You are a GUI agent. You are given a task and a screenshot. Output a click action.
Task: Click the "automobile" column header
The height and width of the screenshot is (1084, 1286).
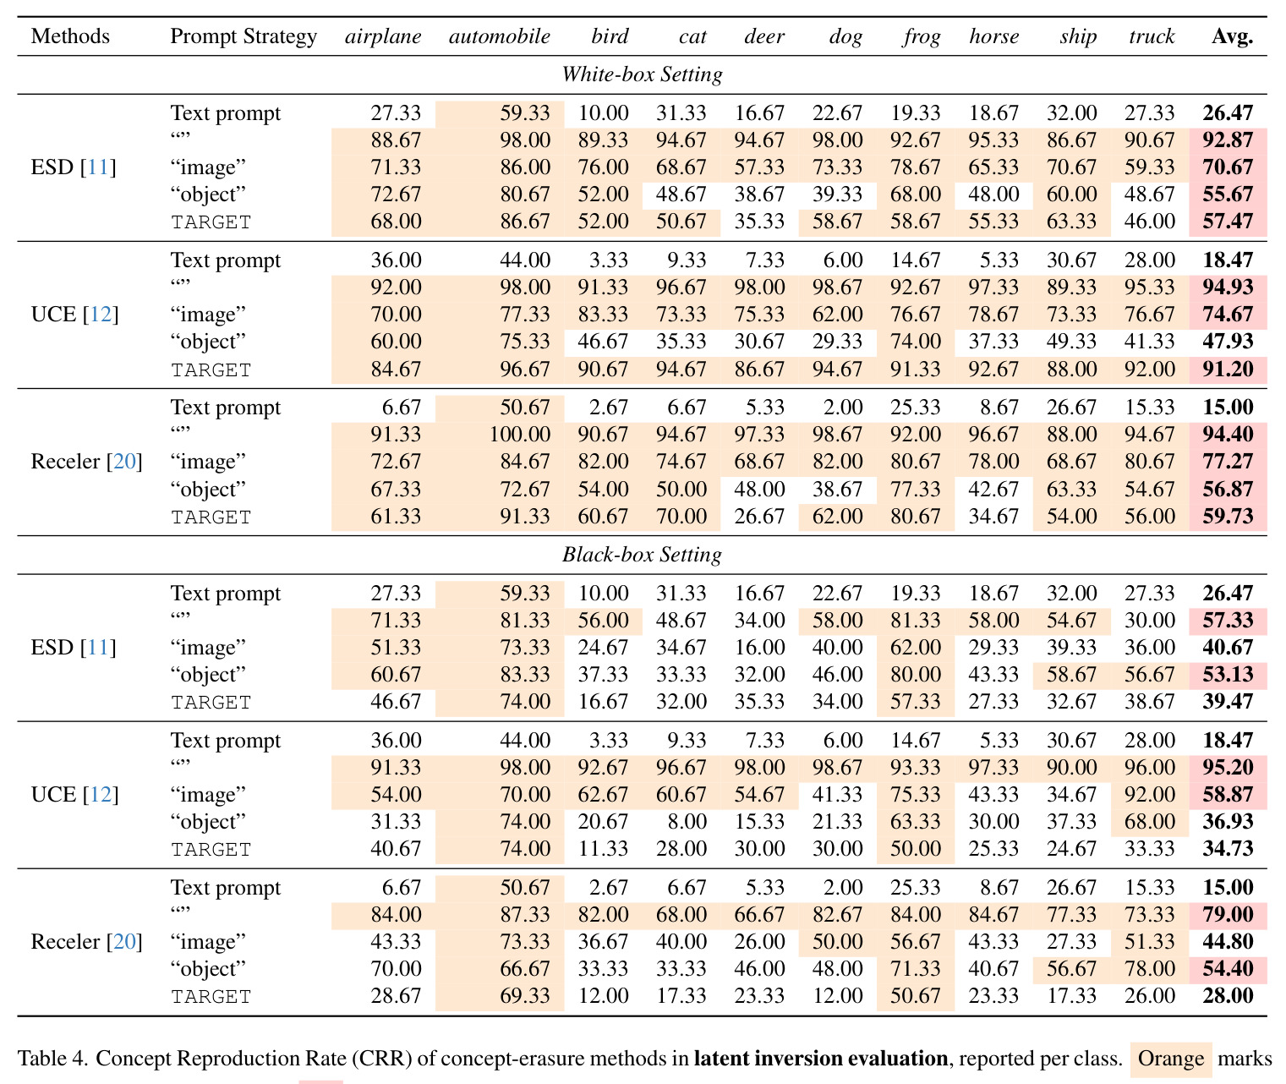499,36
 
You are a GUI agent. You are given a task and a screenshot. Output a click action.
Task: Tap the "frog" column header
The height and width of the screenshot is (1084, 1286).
922,37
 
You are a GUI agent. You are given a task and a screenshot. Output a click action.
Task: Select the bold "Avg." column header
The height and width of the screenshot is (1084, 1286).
1232,36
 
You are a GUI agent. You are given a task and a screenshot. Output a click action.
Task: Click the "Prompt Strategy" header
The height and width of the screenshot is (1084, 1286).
244,37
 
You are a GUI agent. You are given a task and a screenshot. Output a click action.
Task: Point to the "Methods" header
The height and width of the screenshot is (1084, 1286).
70,36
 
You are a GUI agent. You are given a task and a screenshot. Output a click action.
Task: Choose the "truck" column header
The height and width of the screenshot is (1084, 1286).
1151,36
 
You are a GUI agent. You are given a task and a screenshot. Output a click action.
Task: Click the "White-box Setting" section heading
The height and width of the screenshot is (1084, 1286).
642,74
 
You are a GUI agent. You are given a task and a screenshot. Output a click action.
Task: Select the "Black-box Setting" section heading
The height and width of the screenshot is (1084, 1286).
642,555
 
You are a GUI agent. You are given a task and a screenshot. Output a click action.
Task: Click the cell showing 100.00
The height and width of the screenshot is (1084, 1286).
519,435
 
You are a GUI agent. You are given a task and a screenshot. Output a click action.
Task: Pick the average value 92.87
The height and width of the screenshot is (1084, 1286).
1228,140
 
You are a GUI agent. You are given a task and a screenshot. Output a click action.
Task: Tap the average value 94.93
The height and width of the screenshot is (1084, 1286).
1228,287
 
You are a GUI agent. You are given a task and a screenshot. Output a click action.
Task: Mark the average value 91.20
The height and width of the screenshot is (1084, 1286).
1228,369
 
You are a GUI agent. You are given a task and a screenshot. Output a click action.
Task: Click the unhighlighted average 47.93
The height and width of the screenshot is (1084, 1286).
1228,342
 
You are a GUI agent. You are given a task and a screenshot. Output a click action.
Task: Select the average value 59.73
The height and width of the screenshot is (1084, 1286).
1228,516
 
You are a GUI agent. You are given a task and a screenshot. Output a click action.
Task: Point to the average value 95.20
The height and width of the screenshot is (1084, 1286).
1228,767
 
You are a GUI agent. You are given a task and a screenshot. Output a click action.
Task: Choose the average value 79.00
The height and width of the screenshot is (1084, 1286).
1228,914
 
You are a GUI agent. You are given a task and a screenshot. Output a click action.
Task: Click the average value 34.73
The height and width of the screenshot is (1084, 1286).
1228,848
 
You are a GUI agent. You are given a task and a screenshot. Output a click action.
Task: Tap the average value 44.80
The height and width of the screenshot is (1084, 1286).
1228,941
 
